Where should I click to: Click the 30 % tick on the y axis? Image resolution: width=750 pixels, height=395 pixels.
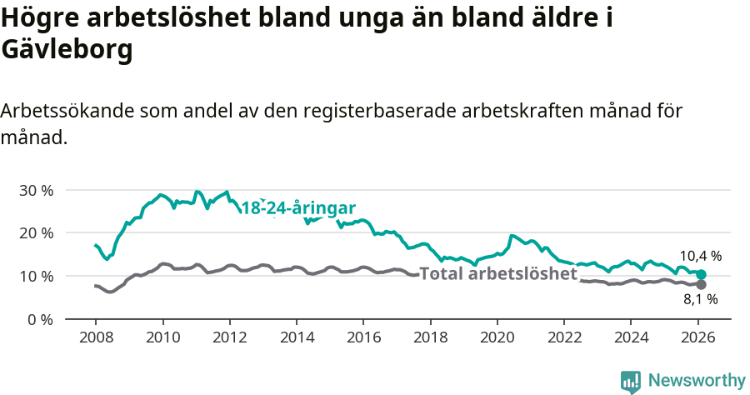(x=36, y=190)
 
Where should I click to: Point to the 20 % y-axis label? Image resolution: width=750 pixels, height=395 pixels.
(x=36, y=232)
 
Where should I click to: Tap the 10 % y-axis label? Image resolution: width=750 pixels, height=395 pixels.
(x=36, y=276)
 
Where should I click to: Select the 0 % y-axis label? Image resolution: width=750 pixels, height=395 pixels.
(x=39, y=319)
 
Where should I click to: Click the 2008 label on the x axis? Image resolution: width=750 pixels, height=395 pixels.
(x=95, y=339)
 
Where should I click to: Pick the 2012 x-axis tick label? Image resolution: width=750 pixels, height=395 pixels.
(x=229, y=339)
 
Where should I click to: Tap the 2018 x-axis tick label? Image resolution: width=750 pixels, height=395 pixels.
(x=430, y=339)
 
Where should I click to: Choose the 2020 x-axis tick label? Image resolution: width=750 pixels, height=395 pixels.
(x=497, y=339)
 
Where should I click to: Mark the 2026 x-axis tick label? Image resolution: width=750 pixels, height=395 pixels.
(x=697, y=339)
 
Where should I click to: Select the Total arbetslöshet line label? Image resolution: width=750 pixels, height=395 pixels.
(x=497, y=273)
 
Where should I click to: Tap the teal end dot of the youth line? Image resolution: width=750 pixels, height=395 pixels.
(x=702, y=274)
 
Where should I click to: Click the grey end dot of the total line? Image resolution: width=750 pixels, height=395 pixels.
(x=702, y=284)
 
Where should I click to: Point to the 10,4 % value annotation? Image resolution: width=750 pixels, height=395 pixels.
(x=700, y=256)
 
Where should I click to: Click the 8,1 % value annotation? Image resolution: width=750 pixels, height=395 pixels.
(x=700, y=299)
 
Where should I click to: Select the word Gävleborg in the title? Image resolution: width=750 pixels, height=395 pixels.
(x=67, y=50)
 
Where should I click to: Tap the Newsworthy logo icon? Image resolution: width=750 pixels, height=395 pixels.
(x=631, y=381)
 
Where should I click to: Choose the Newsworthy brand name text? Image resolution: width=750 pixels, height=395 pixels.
(x=697, y=381)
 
